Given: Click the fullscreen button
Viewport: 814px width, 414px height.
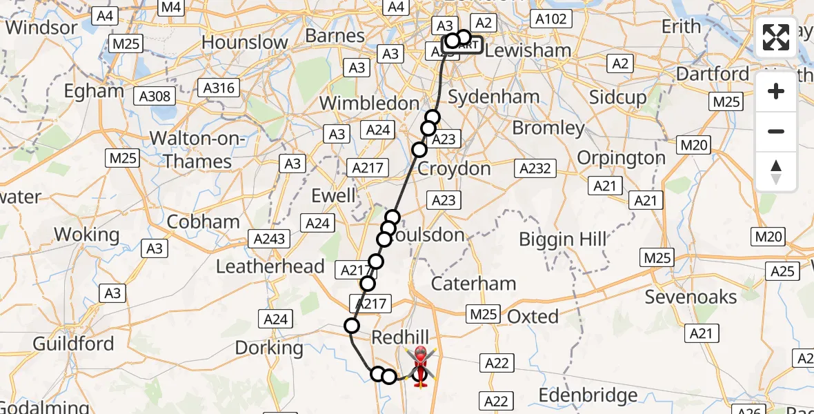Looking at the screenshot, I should tap(776, 37).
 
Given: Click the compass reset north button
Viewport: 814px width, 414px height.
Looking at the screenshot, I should tap(776, 172).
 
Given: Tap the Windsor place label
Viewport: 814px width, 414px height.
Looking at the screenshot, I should tap(41, 28).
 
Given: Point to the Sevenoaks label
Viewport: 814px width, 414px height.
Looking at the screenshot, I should tap(691, 297).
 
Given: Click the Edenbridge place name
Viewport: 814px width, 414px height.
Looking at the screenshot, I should tap(588, 395).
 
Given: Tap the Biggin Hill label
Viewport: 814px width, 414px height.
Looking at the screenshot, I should tap(562, 239).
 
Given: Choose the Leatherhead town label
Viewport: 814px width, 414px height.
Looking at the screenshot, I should tap(270, 266).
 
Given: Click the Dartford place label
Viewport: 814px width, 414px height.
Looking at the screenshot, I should tap(713, 74).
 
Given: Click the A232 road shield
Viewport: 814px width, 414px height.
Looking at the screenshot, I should tap(535, 168).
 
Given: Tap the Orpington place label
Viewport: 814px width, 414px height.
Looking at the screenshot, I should tap(621, 158).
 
